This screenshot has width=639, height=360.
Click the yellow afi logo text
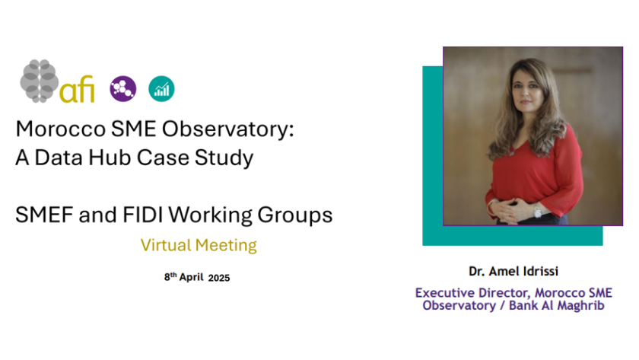click(x=77, y=88)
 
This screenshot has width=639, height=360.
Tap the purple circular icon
click(x=123, y=88)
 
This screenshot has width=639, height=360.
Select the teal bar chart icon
click(x=161, y=88)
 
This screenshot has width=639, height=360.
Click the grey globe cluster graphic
click(x=40, y=81)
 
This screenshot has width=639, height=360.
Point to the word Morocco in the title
click(x=61, y=129)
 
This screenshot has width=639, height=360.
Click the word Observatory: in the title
click(x=227, y=129)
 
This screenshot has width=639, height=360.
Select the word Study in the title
click(x=224, y=158)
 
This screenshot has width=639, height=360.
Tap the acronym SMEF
click(x=44, y=215)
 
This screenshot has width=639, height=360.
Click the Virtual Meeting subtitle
click(x=199, y=245)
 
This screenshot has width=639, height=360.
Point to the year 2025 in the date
click(x=219, y=278)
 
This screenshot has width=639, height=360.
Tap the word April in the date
click(x=192, y=277)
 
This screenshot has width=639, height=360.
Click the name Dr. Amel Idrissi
click(x=513, y=271)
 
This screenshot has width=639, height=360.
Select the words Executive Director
click(x=472, y=293)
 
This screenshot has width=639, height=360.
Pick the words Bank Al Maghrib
click(x=556, y=305)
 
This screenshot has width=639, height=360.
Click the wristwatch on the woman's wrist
click(x=538, y=212)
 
